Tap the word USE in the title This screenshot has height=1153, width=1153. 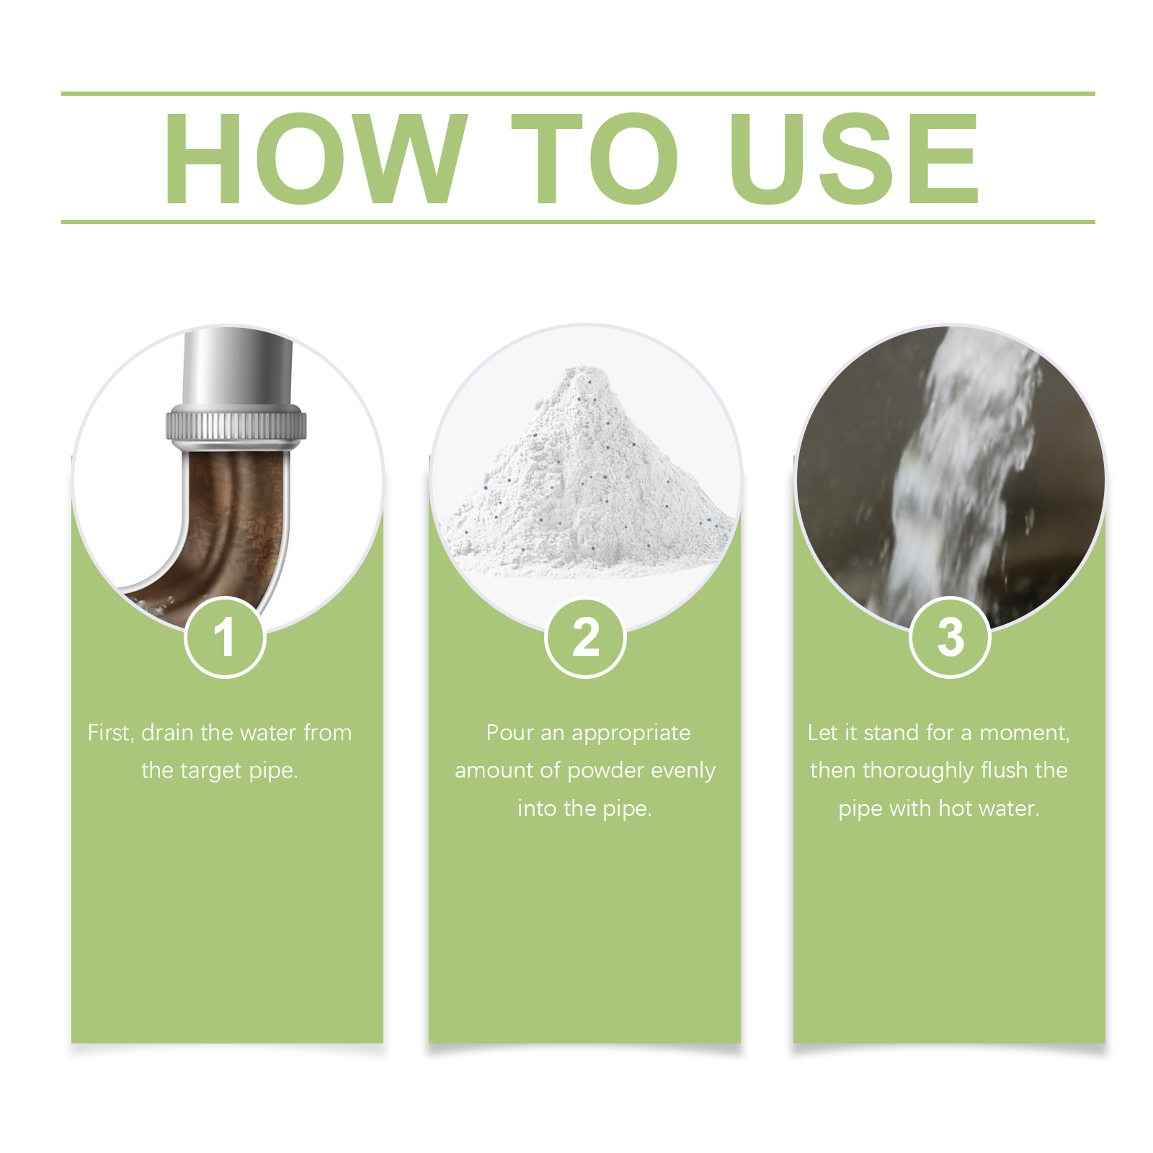pyautogui.click(x=855, y=158)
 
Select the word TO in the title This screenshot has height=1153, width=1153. pyautogui.click(x=595, y=158)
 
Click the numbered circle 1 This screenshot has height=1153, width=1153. pyautogui.click(x=226, y=638)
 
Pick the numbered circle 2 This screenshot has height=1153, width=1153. pyautogui.click(x=586, y=638)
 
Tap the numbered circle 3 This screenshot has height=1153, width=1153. pyautogui.click(x=951, y=638)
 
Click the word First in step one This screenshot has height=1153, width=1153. pyautogui.click(x=111, y=733)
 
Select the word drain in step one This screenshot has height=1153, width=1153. pyautogui.click(x=167, y=733)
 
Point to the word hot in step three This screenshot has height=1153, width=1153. pyautogui.click(x=956, y=809)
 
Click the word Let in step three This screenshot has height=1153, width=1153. pyautogui.click(x=823, y=733)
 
